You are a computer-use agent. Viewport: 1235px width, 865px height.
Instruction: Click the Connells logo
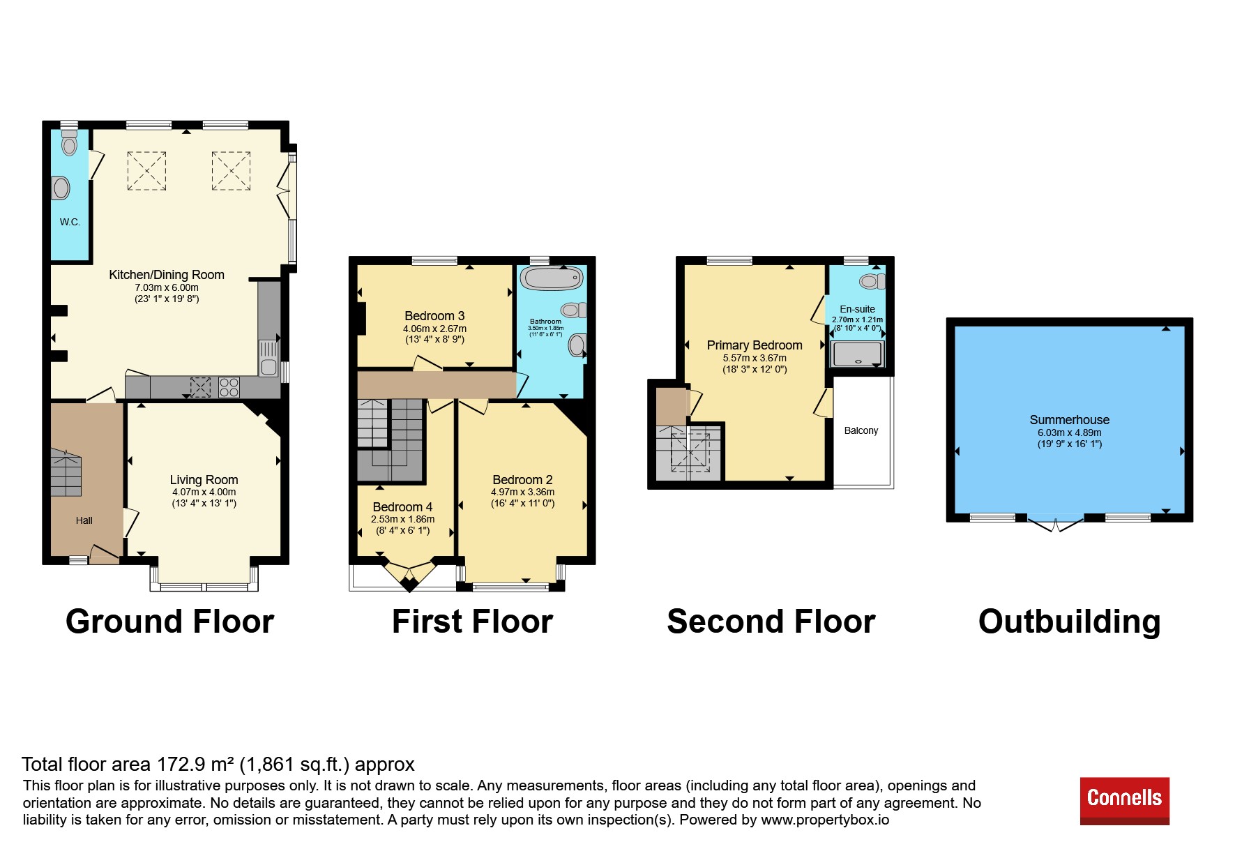1124,801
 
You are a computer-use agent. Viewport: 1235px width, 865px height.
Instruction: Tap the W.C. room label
70,222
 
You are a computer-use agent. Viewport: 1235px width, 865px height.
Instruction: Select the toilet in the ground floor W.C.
68,142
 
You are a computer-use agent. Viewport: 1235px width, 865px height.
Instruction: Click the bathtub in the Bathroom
552,278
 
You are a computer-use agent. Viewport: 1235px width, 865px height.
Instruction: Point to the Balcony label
861,430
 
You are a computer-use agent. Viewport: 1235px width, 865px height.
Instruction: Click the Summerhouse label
1070,419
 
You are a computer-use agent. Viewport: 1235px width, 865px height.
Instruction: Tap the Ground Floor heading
169,621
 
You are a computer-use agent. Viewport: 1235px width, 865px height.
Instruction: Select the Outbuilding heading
1069,621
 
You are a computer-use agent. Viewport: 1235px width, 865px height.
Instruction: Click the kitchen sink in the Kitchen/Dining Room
268,356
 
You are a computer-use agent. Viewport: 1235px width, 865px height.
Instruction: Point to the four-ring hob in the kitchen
229,387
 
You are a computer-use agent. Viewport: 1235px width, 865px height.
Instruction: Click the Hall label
84,520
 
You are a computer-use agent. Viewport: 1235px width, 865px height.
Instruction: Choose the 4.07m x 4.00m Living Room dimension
204,492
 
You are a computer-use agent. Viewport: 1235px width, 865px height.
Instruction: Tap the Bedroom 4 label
402,507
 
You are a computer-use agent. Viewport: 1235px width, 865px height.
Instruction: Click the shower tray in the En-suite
857,354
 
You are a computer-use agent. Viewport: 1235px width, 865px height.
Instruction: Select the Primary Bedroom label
755,345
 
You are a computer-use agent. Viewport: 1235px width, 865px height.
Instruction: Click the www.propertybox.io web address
825,820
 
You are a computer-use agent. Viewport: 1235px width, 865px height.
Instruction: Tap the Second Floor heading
771,621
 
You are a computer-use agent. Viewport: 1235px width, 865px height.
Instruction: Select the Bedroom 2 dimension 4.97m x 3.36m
523,492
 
